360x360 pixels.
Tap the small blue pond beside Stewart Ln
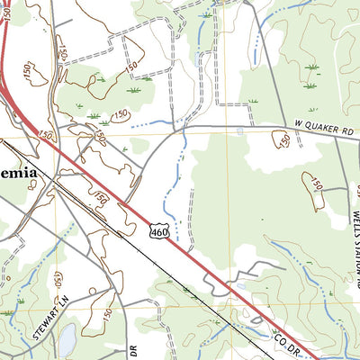(67, 338)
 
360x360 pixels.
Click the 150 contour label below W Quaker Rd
(282, 139)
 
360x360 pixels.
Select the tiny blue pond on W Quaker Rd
(238, 131)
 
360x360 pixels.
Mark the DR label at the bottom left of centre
(132, 347)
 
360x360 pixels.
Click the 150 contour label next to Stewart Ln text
(58, 279)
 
